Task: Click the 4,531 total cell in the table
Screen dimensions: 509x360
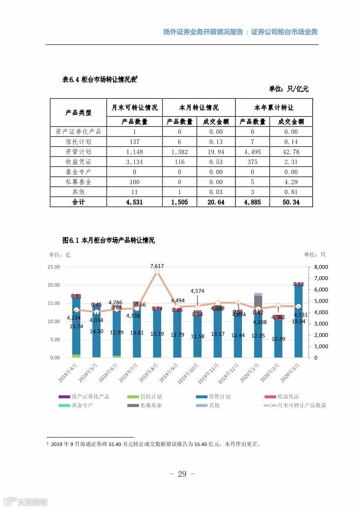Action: coord(134,202)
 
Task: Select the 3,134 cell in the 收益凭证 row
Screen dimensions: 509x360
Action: coord(134,162)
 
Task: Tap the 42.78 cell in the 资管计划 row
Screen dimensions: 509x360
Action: coord(291,152)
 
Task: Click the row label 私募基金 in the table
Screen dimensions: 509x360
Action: coord(78,182)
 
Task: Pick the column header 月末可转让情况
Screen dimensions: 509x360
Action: coord(134,108)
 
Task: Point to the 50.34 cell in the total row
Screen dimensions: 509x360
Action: coord(291,202)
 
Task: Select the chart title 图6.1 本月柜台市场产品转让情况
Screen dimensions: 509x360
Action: coord(108,240)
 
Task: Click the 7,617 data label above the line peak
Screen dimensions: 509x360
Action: coord(157,266)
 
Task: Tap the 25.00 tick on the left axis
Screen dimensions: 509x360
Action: coord(54,267)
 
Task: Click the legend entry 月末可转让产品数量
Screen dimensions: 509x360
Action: coord(301,405)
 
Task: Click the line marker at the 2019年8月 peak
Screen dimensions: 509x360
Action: coord(157,271)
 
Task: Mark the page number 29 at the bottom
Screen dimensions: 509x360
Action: coord(182,474)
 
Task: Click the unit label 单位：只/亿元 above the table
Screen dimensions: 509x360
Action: coord(288,89)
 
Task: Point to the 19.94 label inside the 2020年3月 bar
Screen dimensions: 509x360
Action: coord(298,321)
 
